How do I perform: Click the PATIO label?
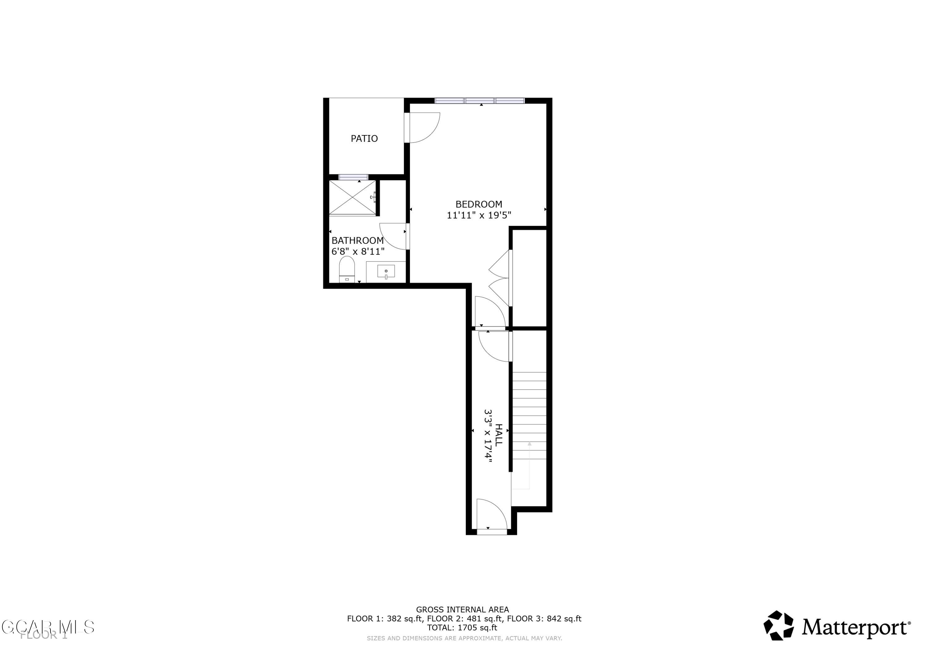tap(364, 138)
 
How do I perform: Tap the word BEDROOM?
tap(479, 204)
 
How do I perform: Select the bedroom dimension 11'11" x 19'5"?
tap(479, 215)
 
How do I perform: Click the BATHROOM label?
tap(357, 240)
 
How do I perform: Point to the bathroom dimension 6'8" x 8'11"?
tap(358, 252)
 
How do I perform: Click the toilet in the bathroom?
tap(347, 269)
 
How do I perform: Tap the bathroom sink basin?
tap(386, 271)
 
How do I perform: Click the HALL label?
tap(499, 435)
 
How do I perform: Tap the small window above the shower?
tap(353, 177)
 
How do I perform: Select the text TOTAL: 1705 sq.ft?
tap(462, 628)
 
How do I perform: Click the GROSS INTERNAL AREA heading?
tap(462, 610)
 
